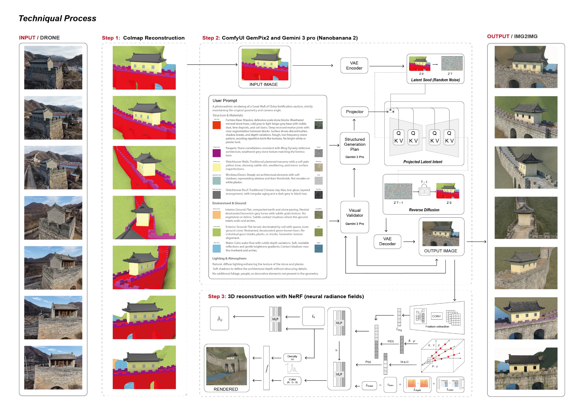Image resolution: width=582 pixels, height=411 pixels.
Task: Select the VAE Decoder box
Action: [x=387, y=241]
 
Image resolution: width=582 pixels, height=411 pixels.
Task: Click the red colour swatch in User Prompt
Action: [x=216, y=125]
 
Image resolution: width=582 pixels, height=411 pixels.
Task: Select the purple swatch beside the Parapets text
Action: [x=216, y=153]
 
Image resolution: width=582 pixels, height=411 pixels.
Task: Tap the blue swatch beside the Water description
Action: [x=216, y=248]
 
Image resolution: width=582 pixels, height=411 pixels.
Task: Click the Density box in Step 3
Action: [x=292, y=357]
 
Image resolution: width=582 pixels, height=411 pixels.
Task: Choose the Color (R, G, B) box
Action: [x=292, y=381]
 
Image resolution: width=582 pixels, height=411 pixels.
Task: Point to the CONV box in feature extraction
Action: [x=436, y=316]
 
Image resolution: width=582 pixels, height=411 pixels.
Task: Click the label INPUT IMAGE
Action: [x=263, y=85]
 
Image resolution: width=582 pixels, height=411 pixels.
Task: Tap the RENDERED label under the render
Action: [x=226, y=389]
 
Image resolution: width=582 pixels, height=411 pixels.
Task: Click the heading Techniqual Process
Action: [x=57, y=18]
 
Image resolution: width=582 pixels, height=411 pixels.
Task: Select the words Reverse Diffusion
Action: [x=424, y=210]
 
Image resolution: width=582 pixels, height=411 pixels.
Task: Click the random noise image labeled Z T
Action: [x=452, y=63]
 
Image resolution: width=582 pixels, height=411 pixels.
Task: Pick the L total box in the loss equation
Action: [x=369, y=385]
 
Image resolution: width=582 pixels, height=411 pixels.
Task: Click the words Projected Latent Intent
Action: [x=422, y=162]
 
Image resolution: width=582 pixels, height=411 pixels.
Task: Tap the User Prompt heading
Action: [x=225, y=101]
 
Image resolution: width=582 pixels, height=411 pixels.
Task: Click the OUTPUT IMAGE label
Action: [x=440, y=251]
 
